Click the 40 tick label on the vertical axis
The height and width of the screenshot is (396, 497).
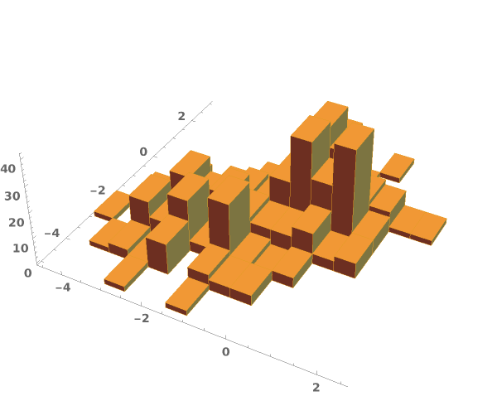point(8,169)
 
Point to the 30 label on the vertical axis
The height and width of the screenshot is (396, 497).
point(12,196)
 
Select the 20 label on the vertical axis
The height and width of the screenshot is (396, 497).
point(17,223)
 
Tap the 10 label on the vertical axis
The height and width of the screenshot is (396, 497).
point(20,249)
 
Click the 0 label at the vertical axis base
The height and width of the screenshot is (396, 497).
point(28,273)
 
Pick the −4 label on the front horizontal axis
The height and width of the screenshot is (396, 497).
point(63,287)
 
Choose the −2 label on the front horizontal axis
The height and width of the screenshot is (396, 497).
point(142,318)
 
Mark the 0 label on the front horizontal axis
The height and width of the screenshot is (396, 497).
point(225,351)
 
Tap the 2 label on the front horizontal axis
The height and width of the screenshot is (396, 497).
point(316,387)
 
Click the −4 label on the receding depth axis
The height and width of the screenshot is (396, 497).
point(52,233)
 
